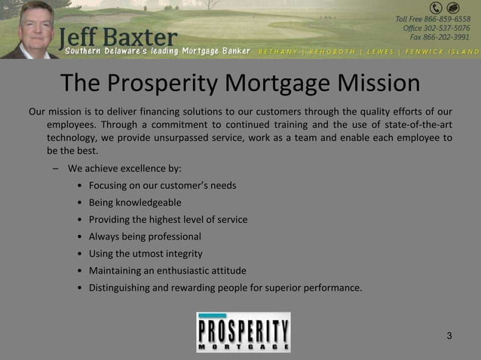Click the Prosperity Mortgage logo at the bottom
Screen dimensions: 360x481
tap(244, 332)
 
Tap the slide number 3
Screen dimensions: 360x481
tap(449, 335)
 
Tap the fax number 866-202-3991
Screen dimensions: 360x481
tap(450, 37)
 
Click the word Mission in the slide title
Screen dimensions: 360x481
tap(367, 84)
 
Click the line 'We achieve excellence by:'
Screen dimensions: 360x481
tap(124, 168)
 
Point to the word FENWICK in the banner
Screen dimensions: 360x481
tap(427, 52)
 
